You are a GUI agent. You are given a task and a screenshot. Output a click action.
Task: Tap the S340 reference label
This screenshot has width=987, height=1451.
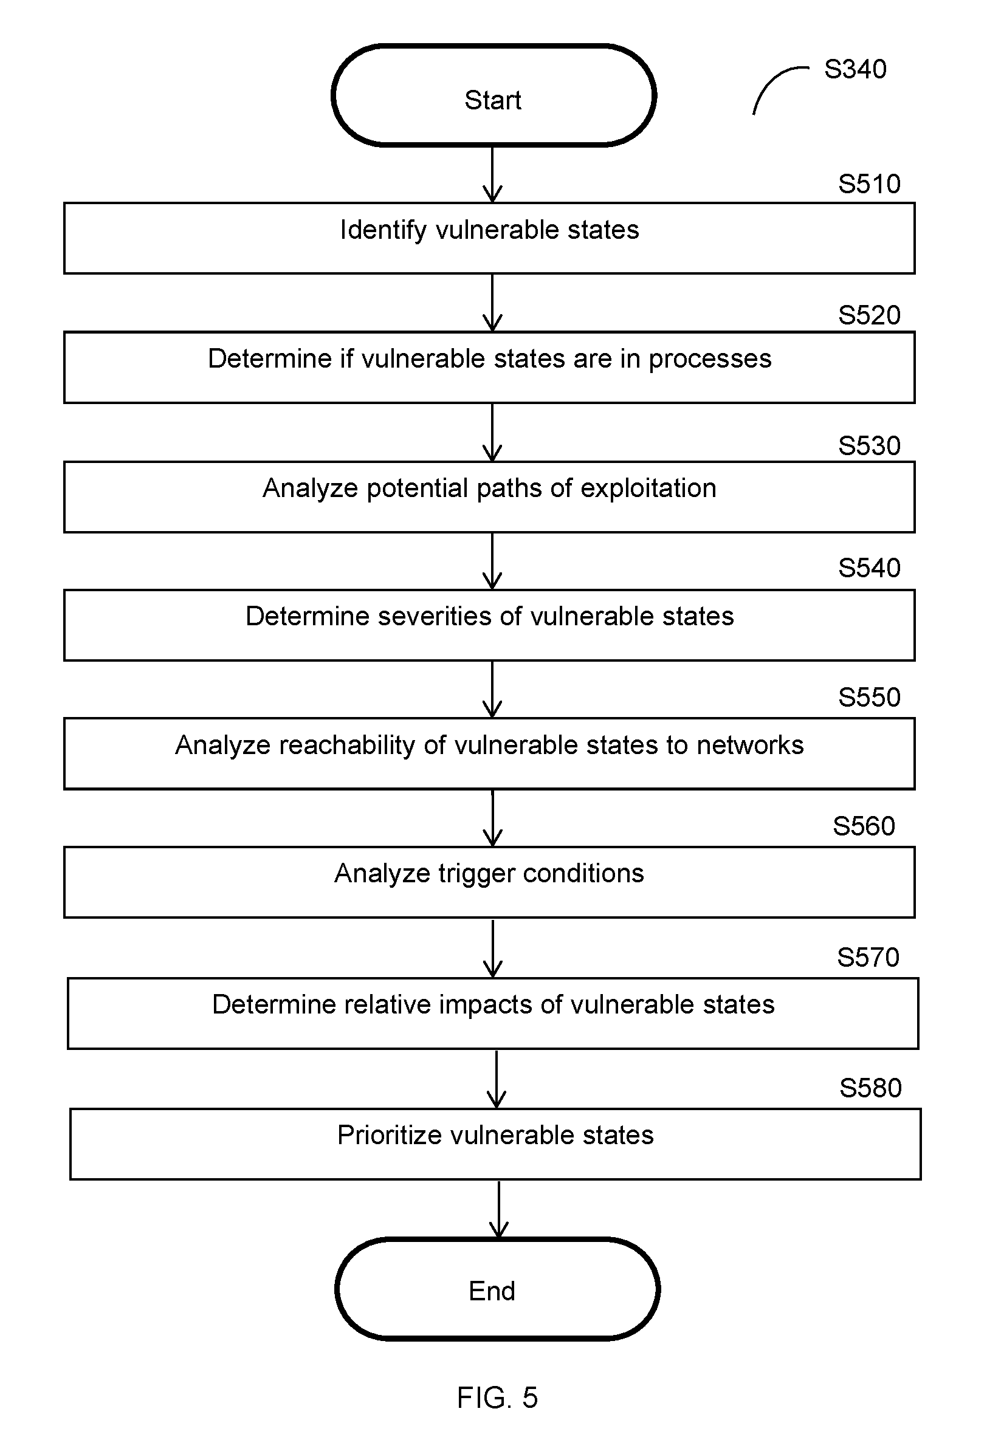pos(855,69)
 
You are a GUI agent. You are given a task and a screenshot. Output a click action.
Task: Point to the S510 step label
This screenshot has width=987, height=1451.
pos(869,184)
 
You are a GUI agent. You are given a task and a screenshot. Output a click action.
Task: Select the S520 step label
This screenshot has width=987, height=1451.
pos(869,315)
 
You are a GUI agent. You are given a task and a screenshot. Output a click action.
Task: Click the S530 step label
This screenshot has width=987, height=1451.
pos(869,446)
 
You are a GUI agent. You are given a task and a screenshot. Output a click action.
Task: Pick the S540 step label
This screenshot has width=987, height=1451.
pos(869,568)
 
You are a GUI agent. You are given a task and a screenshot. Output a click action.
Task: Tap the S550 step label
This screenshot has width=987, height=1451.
pos(869,698)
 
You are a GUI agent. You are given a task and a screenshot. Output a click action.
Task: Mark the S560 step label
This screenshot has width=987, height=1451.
pos(864,826)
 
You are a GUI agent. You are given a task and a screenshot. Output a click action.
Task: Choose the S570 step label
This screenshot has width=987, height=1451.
pos(868,958)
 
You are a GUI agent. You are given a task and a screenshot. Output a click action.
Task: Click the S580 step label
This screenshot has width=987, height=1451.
pos(871,1088)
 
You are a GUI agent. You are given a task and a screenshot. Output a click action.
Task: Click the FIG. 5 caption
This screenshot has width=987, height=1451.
pos(497,1398)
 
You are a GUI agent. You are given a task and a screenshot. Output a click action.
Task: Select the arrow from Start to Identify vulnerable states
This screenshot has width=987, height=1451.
pos(493,175)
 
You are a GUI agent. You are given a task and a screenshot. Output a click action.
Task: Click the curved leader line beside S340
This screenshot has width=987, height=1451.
pos(772,80)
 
